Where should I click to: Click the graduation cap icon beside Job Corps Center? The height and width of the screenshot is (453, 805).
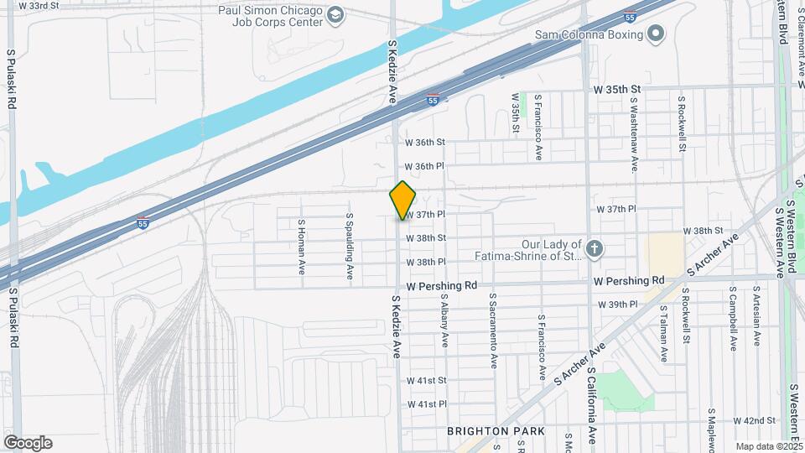tap(335, 15)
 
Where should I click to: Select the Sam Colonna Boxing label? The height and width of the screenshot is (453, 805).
tap(589, 34)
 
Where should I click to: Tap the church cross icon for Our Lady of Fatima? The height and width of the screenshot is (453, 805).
tap(594, 247)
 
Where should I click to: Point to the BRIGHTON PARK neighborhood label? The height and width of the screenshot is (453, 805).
tap(496, 431)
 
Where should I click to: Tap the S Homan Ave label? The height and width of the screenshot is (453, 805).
tap(301, 247)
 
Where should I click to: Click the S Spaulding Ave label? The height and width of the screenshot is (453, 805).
tap(350, 246)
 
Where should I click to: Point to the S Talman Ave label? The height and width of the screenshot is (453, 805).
tap(663, 333)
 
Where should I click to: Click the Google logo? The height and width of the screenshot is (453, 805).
tap(28, 443)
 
